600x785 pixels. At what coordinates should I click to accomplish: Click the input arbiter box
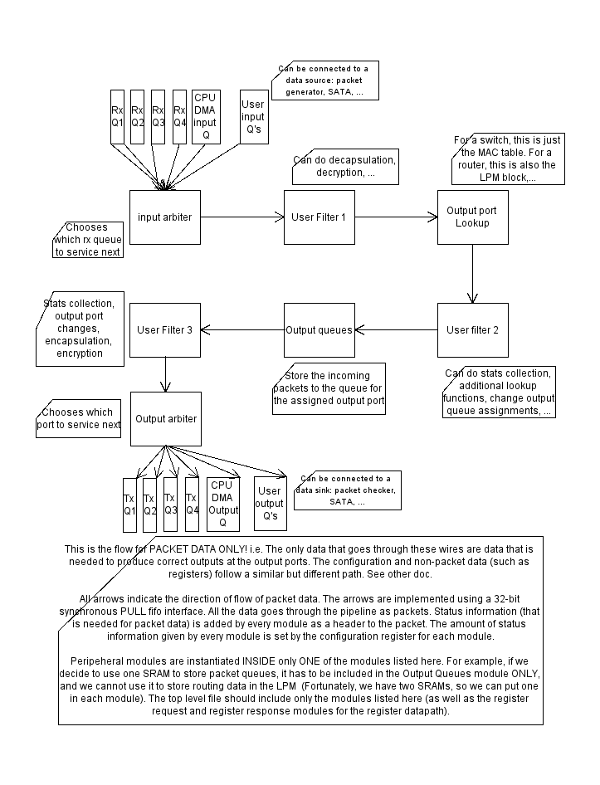point(165,217)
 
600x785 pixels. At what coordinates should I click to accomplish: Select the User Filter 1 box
point(319,217)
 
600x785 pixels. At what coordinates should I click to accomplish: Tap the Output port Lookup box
point(472,217)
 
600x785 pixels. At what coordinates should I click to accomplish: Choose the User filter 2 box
point(472,330)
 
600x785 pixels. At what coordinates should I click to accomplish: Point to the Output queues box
point(319,330)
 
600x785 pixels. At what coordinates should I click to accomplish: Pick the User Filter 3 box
point(165,330)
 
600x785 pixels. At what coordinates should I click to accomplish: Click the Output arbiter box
point(166,419)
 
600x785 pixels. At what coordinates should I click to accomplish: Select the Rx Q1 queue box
point(117,116)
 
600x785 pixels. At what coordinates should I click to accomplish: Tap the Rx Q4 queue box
point(179,116)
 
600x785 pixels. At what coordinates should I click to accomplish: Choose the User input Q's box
point(252,116)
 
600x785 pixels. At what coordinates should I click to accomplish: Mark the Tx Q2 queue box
point(149,505)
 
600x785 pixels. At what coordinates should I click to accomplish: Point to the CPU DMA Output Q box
point(222,504)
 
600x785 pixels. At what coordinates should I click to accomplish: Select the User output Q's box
point(269,503)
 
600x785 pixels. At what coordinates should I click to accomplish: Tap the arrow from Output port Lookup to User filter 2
point(473,274)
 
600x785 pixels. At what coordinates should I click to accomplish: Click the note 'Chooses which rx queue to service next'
point(91,240)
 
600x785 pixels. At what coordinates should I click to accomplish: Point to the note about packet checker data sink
point(347,490)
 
